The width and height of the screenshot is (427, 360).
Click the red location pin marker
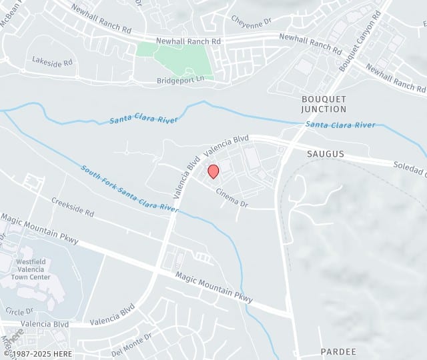[x=213, y=171]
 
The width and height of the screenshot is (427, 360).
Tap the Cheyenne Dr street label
[x=252, y=21]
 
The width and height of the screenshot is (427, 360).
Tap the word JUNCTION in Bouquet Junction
[x=324, y=109]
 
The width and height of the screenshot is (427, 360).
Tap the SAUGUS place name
[x=326, y=154]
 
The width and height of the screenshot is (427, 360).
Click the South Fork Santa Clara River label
[x=129, y=188]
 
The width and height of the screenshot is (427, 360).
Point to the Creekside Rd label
[x=73, y=207]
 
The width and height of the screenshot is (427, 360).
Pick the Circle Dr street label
[x=19, y=311]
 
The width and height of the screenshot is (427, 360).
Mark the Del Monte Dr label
[x=131, y=345]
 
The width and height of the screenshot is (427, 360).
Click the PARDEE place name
[x=338, y=351]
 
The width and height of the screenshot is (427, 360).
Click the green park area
[x=180, y=60]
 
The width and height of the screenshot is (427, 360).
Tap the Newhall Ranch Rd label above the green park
[x=188, y=41]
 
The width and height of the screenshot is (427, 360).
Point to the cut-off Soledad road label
[x=409, y=165]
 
